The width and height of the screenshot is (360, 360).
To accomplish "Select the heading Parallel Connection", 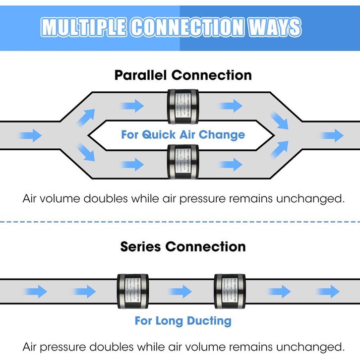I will (x=183, y=75).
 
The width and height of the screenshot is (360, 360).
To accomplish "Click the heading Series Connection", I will (x=183, y=246).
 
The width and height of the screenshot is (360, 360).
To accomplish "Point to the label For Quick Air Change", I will (x=183, y=134).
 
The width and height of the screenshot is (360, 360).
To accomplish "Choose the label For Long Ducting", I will (x=183, y=321).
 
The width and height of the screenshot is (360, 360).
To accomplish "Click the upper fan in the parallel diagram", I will (x=183, y=106).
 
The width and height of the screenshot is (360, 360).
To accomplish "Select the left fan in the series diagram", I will (x=132, y=291).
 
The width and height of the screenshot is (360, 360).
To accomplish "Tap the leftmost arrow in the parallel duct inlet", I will (x=31, y=135).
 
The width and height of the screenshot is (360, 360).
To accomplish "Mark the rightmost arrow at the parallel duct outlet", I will (x=332, y=135).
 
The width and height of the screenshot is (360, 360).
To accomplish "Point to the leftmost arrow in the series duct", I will (x=36, y=291).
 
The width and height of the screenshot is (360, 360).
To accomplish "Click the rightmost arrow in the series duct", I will (x=328, y=291).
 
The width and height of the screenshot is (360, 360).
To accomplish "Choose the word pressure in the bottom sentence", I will (x=69, y=346).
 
